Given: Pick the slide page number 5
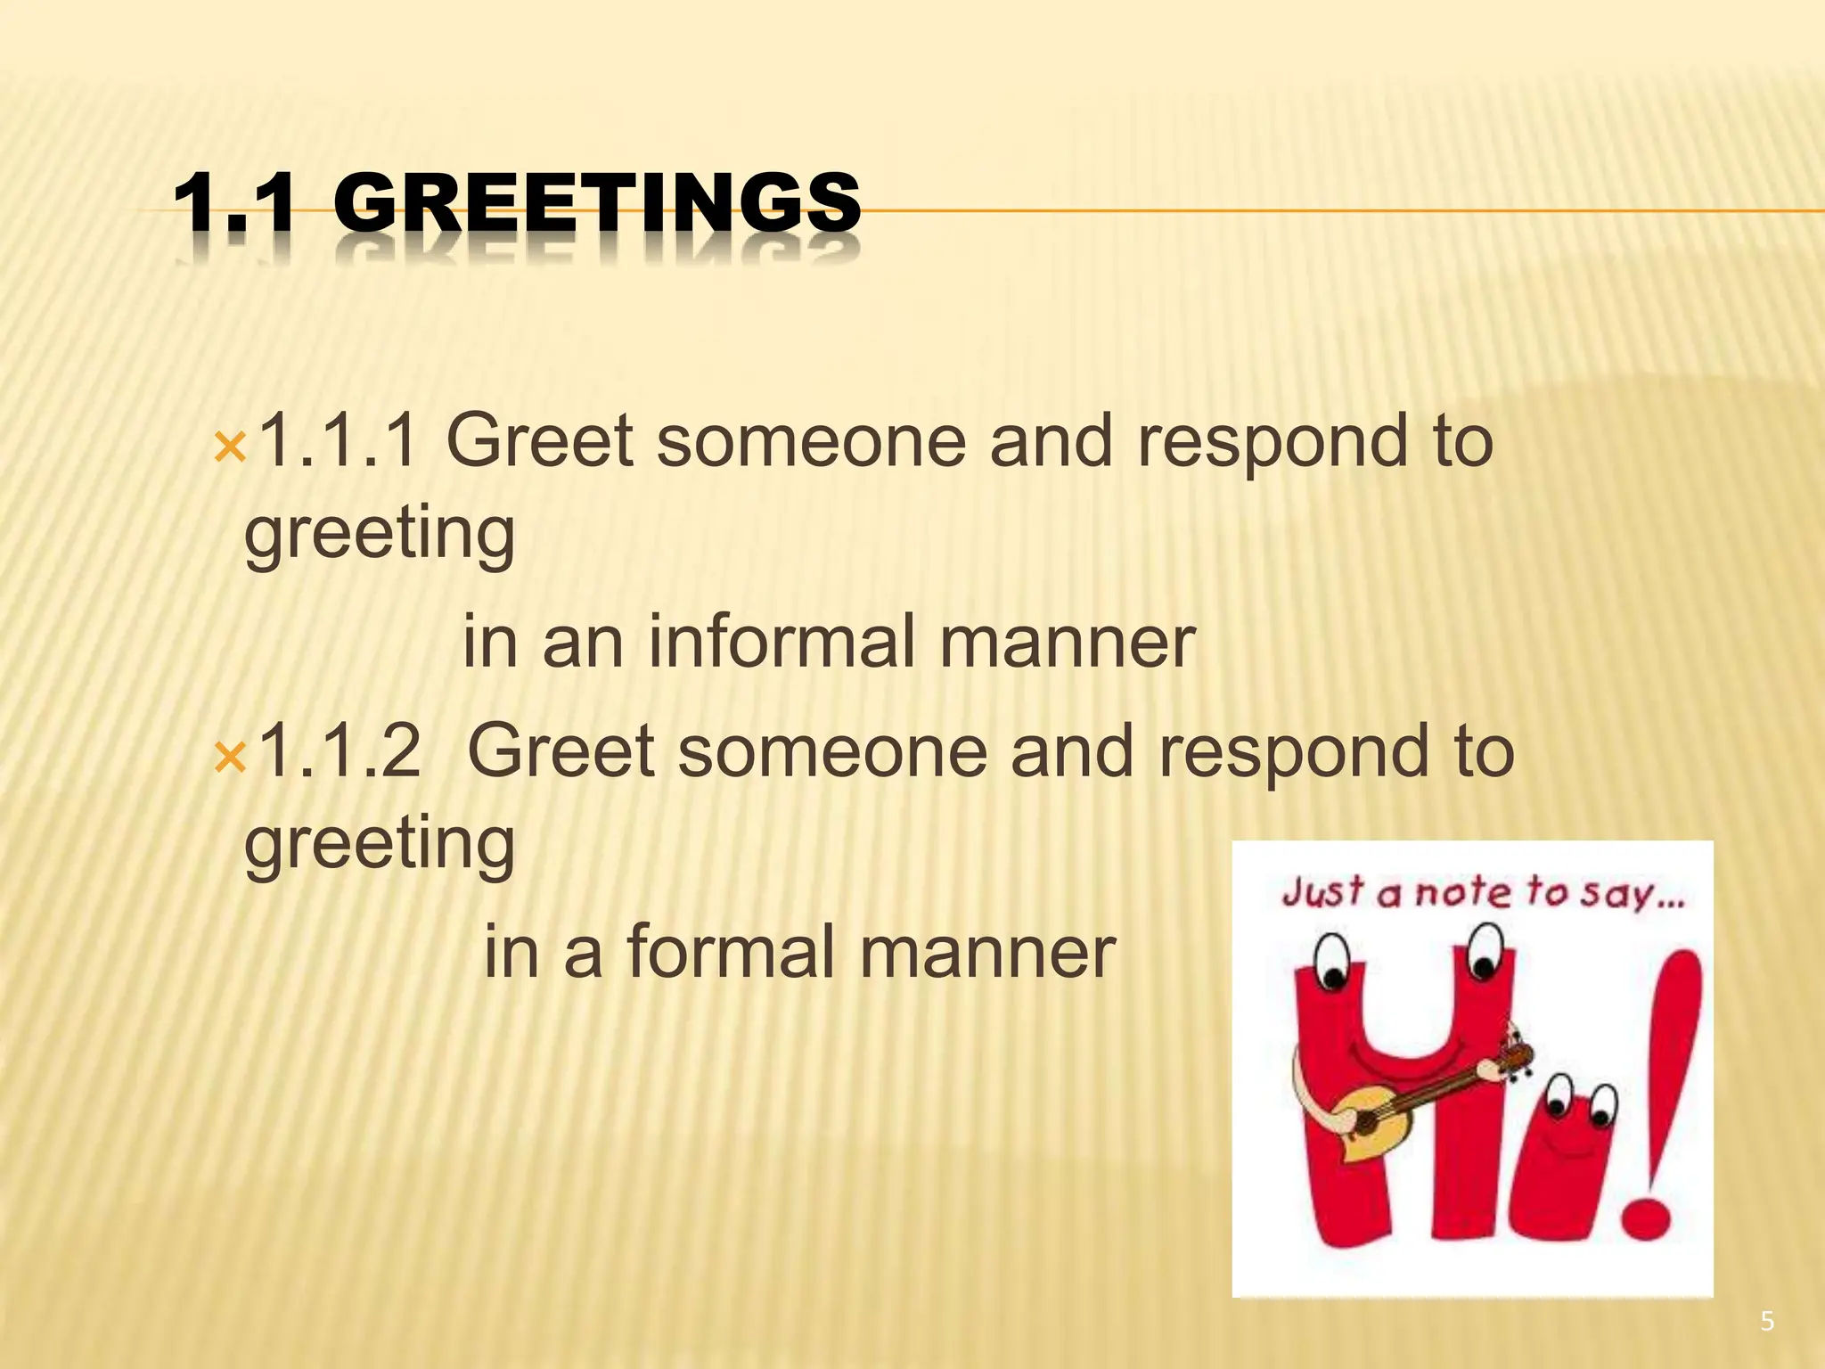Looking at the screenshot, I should (x=1767, y=1321).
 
